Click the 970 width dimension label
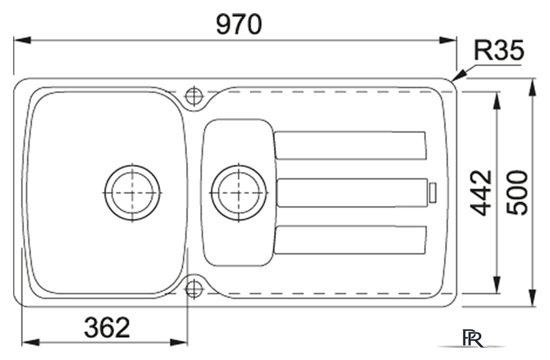tap(239, 24)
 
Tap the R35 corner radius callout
tap(499, 50)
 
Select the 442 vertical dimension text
tap(481, 192)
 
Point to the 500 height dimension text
tap(517, 192)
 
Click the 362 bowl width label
tap(107, 327)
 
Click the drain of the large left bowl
tap(132, 192)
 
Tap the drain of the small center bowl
tap(239, 192)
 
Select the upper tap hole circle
tap(194, 96)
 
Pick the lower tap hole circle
tap(194, 289)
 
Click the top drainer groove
tap(350, 145)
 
